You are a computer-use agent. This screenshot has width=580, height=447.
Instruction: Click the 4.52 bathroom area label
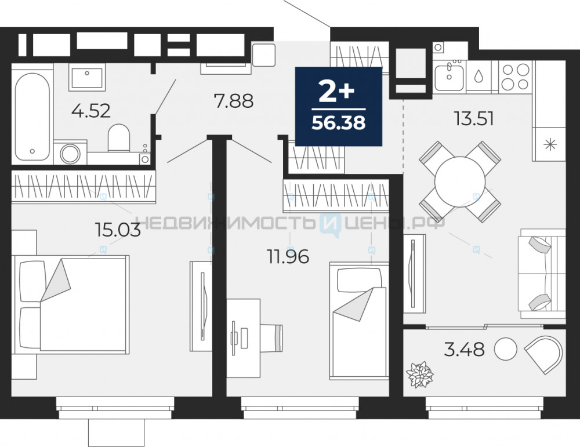point(91,111)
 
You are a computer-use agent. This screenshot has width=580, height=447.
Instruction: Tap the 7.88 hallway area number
point(234,100)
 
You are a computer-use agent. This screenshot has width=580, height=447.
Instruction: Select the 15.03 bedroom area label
point(118,230)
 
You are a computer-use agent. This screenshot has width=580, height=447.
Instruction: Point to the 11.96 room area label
point(288,257)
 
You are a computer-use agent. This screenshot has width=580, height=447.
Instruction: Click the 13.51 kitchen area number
point(474,119)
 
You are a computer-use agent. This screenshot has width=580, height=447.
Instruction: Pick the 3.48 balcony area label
point(464,349)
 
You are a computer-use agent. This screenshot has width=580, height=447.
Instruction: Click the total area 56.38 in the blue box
point(339,122)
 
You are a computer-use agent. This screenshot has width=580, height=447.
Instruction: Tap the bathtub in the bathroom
point(32,117)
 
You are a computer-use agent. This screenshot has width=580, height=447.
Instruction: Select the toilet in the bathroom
point(119,137)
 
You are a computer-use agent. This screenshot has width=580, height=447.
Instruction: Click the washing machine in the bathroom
point(70,152)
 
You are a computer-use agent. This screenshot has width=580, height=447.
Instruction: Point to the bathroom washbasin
point(87,77)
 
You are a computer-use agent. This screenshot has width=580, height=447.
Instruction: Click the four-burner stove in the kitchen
point(515,76)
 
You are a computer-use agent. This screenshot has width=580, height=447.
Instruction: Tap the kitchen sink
point(449,77)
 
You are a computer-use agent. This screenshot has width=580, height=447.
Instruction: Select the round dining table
point(460,181)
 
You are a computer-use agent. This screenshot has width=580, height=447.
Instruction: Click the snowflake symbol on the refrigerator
point(550,144)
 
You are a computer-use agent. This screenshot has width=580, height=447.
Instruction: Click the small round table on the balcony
point(505,349)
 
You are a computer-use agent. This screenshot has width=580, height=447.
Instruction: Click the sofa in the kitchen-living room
point(542,274)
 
